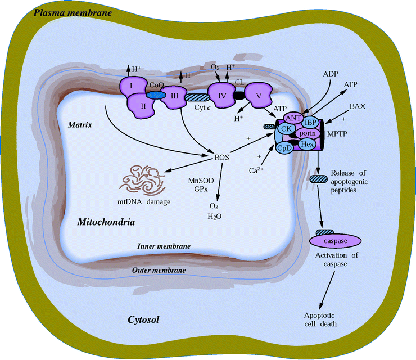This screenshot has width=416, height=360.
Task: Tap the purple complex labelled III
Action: click(174, 96)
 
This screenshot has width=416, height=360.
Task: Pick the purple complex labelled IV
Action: click(222, 96)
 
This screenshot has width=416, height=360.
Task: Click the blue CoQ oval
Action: click(157, 96)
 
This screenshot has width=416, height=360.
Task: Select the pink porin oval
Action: click(307, 133)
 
